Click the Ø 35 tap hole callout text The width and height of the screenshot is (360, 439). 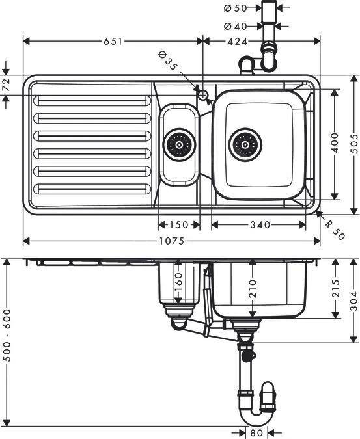(167, 62)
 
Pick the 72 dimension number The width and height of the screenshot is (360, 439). (6, 85)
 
